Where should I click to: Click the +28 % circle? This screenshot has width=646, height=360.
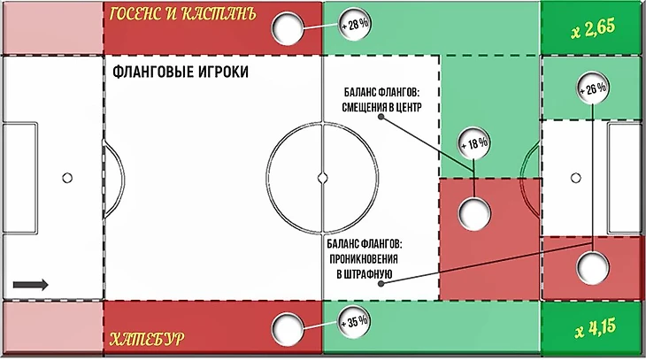click(354, 24)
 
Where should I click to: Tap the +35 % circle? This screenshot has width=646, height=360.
click(353, 322)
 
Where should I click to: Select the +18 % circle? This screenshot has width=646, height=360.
click(474, 143)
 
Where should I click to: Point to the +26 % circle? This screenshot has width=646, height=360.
click(592, 88)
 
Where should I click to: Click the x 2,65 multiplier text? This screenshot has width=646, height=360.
click(593, 29)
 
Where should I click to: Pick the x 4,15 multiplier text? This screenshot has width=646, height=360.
click(596, 328)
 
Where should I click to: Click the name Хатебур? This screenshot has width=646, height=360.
click(147, 340)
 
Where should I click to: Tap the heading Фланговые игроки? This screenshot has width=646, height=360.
click(181, 72)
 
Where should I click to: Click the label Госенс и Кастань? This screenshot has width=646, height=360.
click(183, 13)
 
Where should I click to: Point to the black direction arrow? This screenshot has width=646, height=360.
click(30, 285)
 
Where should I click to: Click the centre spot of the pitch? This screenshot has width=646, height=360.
click(323, 178)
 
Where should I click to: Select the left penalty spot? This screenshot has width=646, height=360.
click(67, 178)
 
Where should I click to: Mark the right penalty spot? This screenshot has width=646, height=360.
click(575, 178)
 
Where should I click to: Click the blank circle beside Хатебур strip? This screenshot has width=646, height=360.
click(287, 329)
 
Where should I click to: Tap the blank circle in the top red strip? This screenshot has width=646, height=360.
click(287, 28)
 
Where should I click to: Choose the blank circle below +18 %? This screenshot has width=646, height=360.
click(474, 213)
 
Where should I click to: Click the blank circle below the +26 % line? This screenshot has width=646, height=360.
click(592, 268)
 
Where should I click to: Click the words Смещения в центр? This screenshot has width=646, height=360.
click(381, 107)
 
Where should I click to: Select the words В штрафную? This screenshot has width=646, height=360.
click(365, 274)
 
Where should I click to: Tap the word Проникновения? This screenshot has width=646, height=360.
click(364, 259)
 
